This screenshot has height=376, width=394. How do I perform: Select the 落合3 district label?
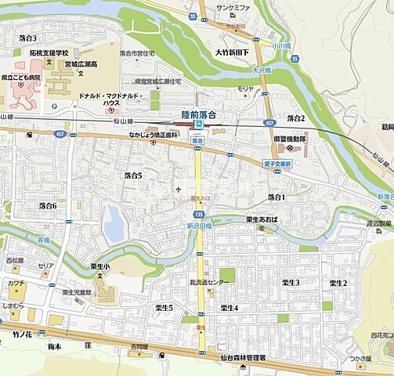27,38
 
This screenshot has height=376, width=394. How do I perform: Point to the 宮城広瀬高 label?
85,65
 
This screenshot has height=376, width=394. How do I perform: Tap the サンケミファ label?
233,7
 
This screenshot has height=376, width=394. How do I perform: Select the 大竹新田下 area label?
232,52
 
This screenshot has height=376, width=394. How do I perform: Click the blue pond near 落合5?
114,224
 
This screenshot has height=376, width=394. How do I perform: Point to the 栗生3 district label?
291,283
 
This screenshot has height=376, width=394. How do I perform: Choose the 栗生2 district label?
338,283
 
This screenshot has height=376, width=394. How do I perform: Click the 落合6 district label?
48,205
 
